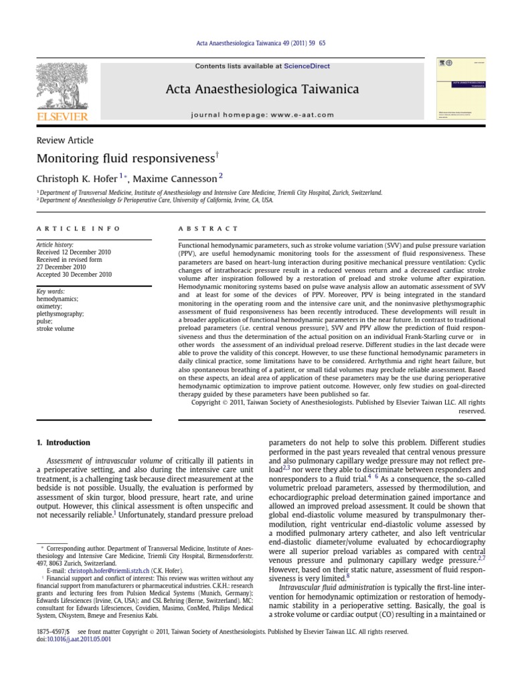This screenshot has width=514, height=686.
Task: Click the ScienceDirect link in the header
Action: pos(307,66)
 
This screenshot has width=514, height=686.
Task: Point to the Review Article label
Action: pos(64,141)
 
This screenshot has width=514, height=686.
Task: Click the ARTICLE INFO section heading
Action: pos(78,228)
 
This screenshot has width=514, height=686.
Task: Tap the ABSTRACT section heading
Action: pos(207,228)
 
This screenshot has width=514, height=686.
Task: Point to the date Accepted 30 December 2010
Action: pos(73,275)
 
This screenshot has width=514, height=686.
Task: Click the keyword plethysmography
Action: pos(61,314)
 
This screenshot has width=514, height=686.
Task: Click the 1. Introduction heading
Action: pos(63,443)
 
